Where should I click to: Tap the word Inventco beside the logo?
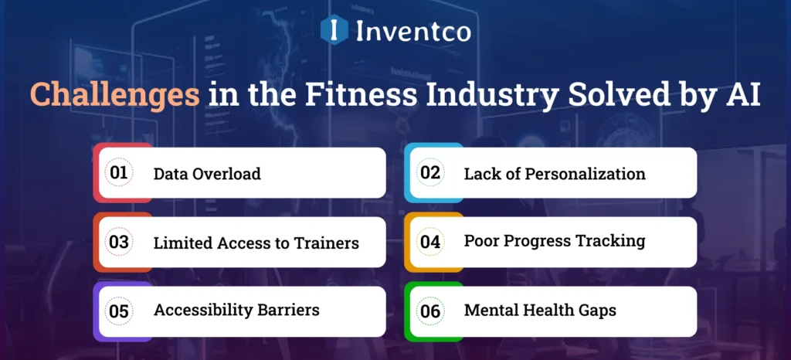[412, 31]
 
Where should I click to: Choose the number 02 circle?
[430, 173]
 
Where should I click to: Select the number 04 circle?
[430, 242]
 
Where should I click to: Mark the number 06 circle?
[430, 311]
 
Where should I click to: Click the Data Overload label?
[207, 174]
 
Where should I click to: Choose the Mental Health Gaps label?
[540, 311]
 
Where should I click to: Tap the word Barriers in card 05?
[288, 311]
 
